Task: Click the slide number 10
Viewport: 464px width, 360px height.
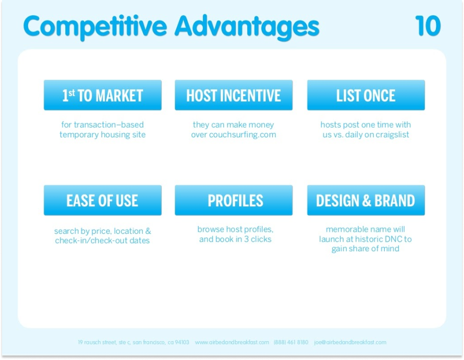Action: [428, 26]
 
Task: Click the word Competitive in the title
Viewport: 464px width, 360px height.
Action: [95, 27]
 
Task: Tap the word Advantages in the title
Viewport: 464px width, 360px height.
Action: [247, 27]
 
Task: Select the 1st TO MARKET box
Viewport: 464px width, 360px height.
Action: [103, 95]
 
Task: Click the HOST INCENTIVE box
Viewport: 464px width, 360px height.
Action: [234, 95]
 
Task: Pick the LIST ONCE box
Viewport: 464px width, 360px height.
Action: [366, 95]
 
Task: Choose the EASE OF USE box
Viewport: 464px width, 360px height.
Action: [103, 200]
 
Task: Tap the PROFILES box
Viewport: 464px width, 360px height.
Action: [234, 200]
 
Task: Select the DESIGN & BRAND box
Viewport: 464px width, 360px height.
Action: [366, 200]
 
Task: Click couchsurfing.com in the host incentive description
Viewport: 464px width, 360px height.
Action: [243, 135]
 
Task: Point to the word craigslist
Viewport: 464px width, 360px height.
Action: [392, 135]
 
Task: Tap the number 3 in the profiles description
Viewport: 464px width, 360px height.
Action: [246, 239]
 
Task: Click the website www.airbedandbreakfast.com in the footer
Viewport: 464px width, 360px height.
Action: [232, 342]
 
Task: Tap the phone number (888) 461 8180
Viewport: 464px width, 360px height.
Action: [291, 342]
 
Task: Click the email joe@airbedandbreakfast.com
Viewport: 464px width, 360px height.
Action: [351, 342]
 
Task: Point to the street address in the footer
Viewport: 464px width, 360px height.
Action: [133, 342]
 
